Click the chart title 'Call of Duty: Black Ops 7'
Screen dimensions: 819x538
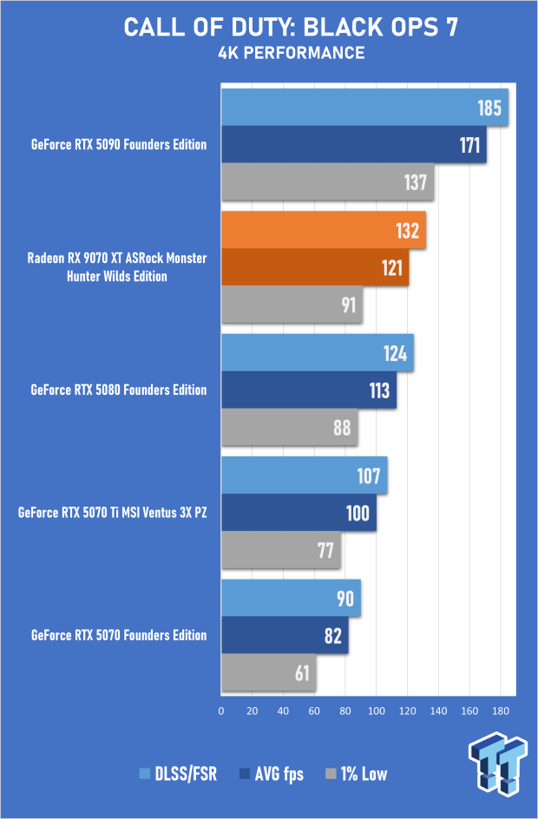[x=290, y=28]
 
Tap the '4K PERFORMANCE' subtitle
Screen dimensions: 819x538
[x=291, y=54]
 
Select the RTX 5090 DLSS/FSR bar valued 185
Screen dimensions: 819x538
[x=364, y=108]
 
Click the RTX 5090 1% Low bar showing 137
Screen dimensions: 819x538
[x=327, y=182]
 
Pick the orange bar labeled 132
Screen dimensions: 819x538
[x=324, y=230]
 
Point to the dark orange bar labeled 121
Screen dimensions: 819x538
[x=315, y=267]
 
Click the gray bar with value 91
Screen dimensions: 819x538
[x=292, y=305]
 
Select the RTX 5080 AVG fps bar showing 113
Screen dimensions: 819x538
[x=309, y=390]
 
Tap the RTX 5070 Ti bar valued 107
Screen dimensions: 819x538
[x=304, y=475]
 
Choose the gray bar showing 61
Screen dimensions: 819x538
[x=268, y=672]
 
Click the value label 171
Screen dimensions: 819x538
[x=469, y=145]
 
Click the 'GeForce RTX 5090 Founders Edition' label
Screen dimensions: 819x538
[x=119, y=145]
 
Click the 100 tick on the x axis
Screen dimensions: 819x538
[x=377, y=711]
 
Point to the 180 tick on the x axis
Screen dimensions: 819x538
[x=501, y=711]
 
